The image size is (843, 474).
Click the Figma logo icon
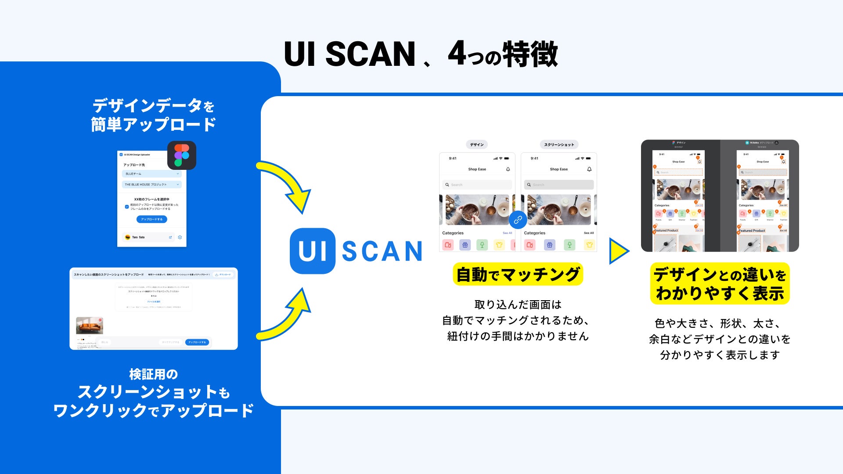(x=182, y=155)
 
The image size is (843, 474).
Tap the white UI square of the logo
(x=313, y=251)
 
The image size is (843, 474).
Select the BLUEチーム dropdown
(x=152, y=174)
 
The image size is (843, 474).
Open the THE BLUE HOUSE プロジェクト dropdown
(x=152, y=184)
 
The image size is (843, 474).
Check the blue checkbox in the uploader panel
(x=127, y=207)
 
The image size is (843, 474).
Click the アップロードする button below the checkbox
(x=151, y=219)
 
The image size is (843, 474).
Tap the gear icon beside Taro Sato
(x=180, y=237)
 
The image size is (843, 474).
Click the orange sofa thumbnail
(x=90, y=325)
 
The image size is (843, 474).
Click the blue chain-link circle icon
(x=518, y=220)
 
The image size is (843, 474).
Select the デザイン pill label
(x=477, y=144)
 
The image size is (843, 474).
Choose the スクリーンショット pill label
(x=559, y=144)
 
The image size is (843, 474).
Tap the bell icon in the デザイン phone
(x=508, y=169)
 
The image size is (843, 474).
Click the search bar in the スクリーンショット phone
(x=559, y=185)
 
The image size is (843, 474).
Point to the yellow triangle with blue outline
(x=618, y=251)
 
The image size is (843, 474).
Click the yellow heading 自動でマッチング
(x=518, y=274)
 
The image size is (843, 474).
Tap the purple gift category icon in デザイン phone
(x=465, y=245)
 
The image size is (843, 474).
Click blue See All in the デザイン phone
(x=507, y=233)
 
